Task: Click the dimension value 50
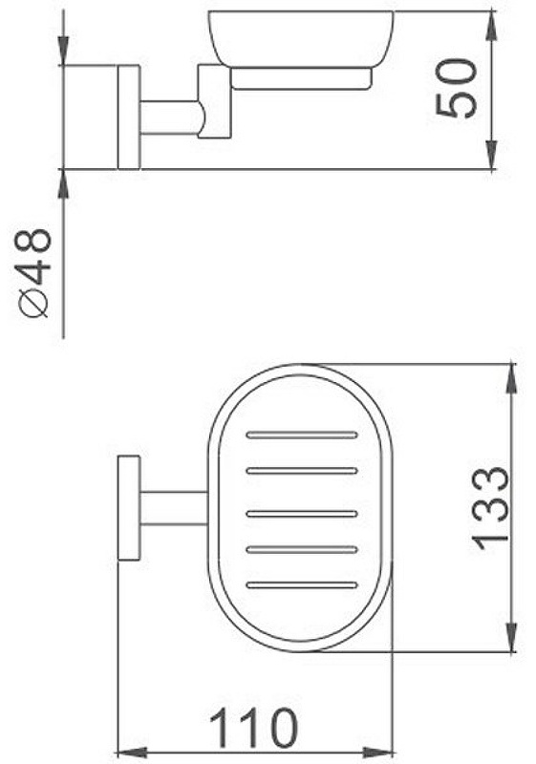coord(456,88)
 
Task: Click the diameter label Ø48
coord(34,273)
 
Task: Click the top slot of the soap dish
coord(302,435)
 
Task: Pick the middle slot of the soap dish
coord(302,514)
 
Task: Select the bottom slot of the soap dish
coord(302,584)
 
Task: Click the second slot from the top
coord(302,471)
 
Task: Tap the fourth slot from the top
coord(302,550)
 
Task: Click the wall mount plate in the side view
coord(129,117)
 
